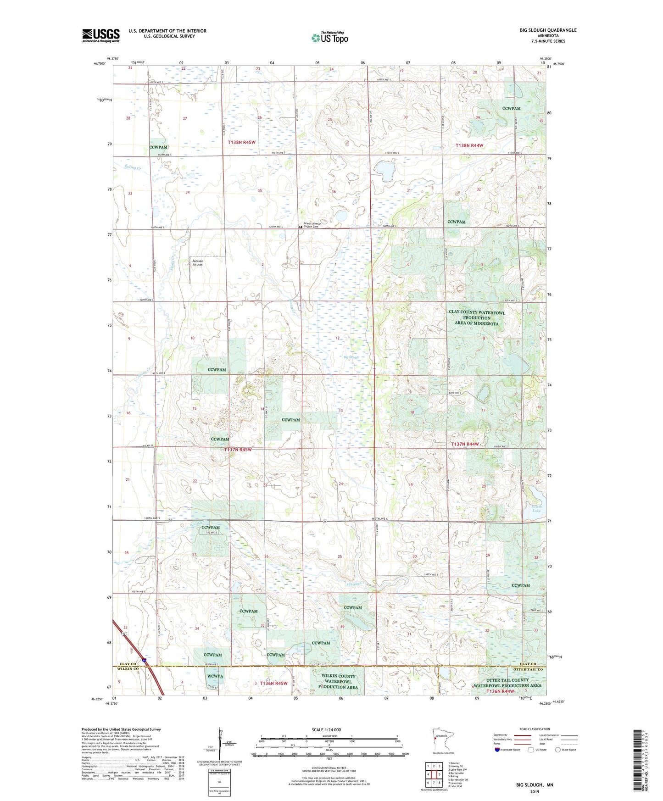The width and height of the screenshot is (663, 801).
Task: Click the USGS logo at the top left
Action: (101, 35)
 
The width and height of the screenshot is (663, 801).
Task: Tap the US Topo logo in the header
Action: (329, 38)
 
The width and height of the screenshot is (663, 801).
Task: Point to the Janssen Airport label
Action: (197, 263)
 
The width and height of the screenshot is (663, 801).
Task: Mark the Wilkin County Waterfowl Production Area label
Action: (338, 681)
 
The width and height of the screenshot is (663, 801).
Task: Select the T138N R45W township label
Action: (241, 143)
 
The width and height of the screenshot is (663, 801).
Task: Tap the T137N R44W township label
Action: (465, 444)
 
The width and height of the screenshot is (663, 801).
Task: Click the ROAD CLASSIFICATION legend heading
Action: (535, 729)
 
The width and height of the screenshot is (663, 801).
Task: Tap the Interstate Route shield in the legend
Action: (497, 750)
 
